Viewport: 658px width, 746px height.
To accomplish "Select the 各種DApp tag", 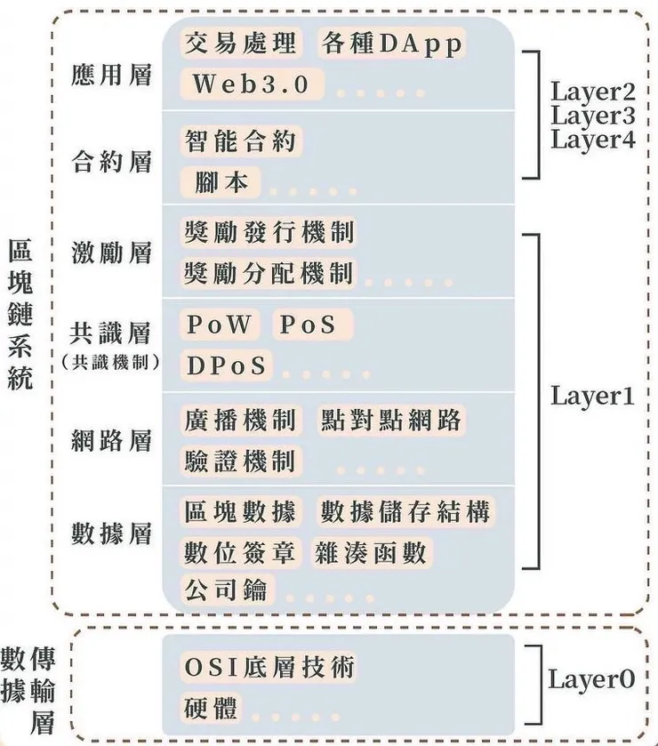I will point(391,44).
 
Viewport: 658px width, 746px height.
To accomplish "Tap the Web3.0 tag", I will point(252,84).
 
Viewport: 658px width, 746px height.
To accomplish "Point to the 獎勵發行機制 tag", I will point(269,232).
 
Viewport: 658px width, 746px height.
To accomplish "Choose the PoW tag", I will point(219,325).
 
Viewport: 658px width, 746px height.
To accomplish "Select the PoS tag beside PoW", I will point(310,325).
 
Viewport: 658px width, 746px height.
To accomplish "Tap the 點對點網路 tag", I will point(392,420).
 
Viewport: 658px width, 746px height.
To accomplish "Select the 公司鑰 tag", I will point(227,589).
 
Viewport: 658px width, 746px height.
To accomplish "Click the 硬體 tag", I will point(213,708).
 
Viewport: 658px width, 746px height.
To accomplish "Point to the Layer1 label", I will point(592,397).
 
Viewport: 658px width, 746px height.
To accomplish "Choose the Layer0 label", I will point(592,680).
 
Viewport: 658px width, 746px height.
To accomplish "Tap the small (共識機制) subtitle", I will point(111,362).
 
